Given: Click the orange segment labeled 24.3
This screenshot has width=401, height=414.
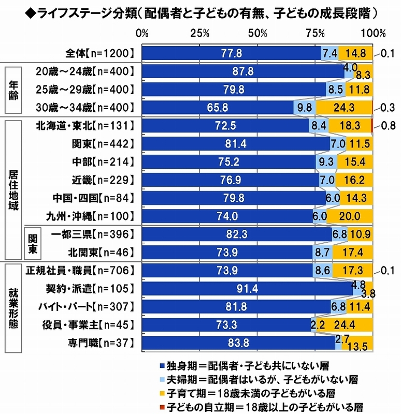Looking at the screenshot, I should [343, 107].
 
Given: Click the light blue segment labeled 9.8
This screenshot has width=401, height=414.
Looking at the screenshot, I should [304, 107].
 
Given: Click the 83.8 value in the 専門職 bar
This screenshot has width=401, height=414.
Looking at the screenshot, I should [239, 343].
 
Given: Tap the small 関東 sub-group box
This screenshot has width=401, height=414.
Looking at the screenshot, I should [32, 243].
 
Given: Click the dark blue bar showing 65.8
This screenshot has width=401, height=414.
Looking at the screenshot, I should [217, 107].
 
